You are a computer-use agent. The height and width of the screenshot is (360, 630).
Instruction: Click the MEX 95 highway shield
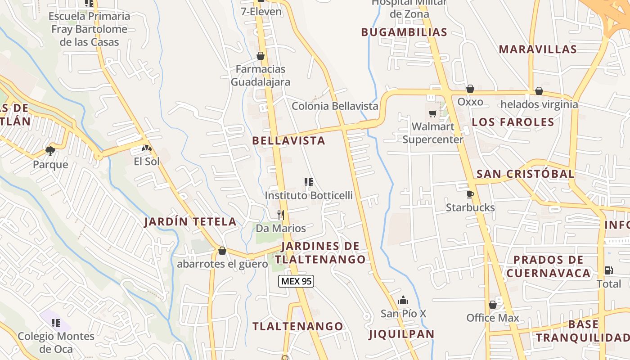[x=296, y=281]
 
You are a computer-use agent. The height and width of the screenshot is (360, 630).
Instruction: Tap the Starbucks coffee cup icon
[x=470, y=194]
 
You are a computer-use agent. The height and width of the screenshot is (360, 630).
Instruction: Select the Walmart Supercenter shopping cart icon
[x=433, y=113]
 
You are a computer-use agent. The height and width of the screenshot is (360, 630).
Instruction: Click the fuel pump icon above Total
[x=608, y=270]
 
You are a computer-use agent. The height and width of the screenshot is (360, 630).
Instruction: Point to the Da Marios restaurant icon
[x=281, y=215]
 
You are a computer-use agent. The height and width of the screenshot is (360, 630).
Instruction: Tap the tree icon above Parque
[x=50, y=151]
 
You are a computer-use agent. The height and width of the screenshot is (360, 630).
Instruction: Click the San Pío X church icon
[x=403, y=300]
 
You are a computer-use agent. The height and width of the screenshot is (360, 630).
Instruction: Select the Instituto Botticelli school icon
[x=309, y=182]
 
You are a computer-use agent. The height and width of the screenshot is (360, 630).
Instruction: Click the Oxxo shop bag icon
[x=470, y=89]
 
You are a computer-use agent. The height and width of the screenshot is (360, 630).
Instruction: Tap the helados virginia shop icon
[x=539, y=91]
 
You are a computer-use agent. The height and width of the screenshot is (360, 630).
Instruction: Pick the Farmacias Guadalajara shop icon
[x=261, y=56]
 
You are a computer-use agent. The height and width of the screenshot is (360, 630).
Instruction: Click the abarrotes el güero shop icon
[x=222, y=251]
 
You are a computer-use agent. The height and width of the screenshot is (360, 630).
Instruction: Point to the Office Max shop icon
[x=493, y=305]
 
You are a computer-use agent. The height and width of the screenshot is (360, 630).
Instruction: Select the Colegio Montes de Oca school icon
[x=56, y=323]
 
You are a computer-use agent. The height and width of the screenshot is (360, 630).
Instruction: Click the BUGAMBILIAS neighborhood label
[x=404, y=32]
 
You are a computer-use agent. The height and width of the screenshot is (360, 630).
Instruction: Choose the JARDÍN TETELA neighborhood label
[x=190, y=221]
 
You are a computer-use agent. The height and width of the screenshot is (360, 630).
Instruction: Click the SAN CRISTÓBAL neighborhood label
[x=525, y=174]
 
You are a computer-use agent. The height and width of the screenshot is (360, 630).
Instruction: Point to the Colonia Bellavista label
[x=335, y=106]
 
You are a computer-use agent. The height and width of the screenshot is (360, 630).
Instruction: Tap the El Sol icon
[x=146, y=148]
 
